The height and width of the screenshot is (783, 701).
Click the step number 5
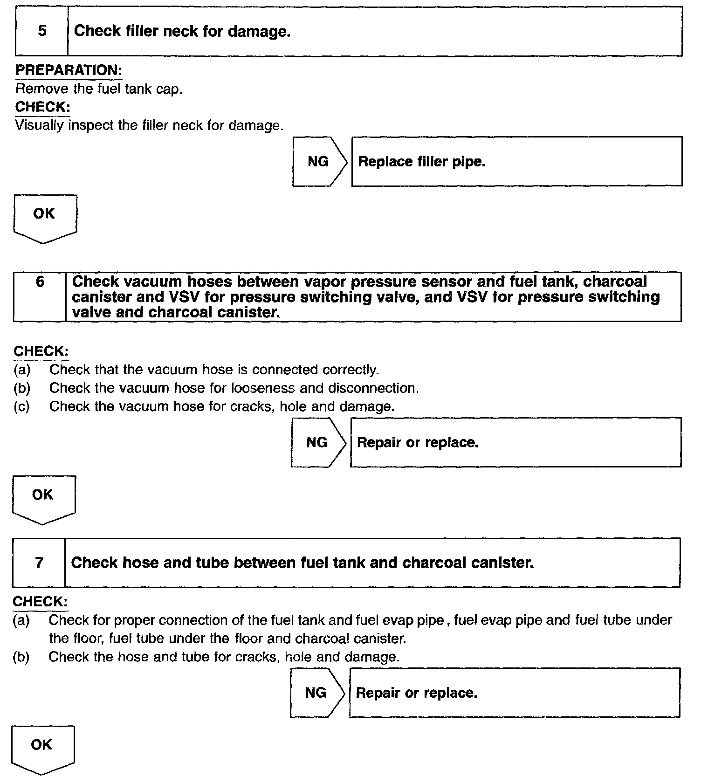pos(42,31)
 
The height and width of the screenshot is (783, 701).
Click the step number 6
pos(40,282)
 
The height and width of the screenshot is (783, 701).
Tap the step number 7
pos(39,563)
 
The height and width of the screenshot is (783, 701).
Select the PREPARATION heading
pos(69,70)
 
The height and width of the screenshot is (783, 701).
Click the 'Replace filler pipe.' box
pos(516,162)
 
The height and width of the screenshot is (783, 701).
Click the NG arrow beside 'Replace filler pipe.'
pos(320,162)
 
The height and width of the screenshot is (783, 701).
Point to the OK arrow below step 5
pos(45,218)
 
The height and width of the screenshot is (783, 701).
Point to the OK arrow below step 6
pos(43,499)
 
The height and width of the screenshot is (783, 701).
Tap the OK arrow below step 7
pos(42,749)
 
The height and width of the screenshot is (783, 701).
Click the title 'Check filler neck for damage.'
pos(182,31)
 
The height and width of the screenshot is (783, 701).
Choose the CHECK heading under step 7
pos(40,602)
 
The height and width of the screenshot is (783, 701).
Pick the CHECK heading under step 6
pos(41,351)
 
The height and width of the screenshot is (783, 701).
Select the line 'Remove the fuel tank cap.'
pos(99,89)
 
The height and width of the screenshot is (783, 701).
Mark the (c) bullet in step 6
pos(22,406)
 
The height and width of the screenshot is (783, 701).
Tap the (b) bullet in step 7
pos(21,657)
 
